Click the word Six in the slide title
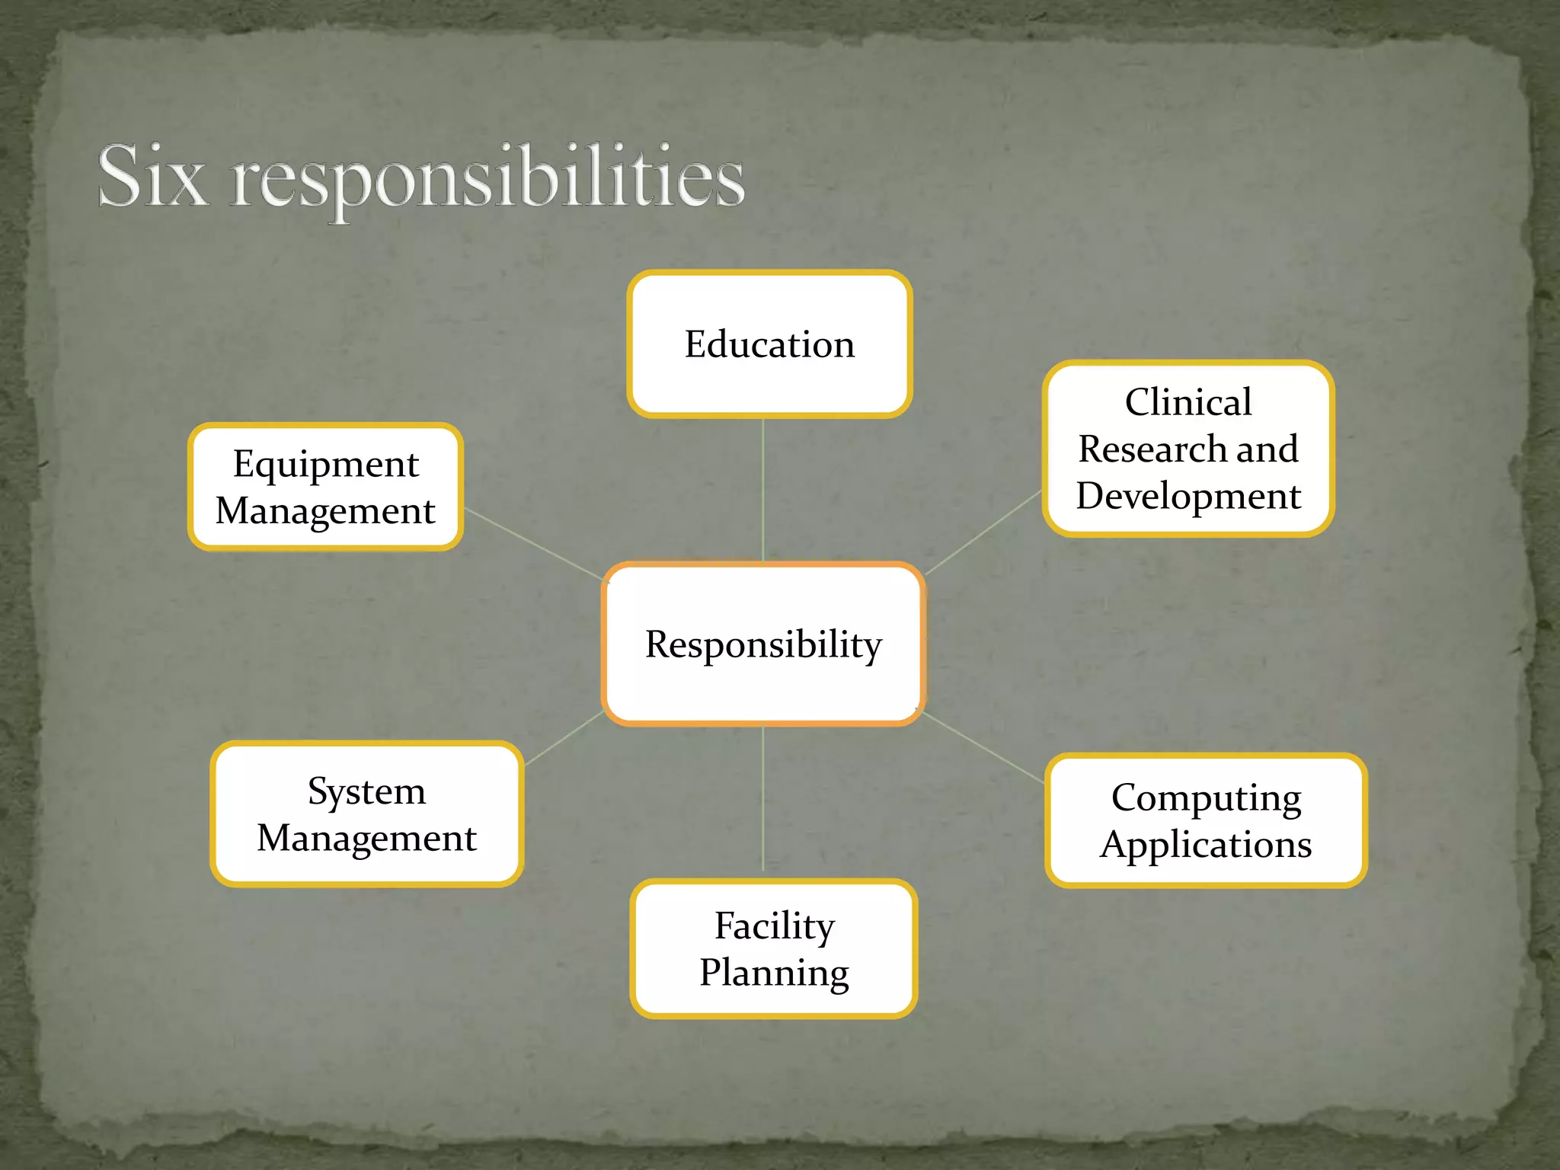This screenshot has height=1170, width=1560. tap(152, 177)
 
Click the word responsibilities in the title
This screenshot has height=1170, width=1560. tap(487, 179)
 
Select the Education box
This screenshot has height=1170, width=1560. tap(769, 344)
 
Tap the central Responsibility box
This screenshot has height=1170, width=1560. tap(763, 644)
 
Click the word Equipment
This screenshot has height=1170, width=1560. tap(326, 464)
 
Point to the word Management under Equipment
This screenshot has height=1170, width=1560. tap(325, 510)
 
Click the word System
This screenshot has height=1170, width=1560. tap(366, 791)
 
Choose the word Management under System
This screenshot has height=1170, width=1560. tap(366, 838)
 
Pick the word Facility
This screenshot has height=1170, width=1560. tap(774, 926)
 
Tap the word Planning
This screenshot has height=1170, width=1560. tap(774, 973)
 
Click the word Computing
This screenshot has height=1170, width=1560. tap(1206, 798)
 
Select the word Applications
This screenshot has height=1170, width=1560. tap(1206, 845)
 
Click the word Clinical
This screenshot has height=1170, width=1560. tap(1188, 402)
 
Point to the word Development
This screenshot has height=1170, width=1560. tap(1188, 496)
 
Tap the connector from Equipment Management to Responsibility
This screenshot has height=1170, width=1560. tap(533, 544)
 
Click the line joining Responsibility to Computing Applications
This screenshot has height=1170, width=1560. tap(983, 746)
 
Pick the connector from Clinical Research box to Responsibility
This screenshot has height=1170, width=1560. tap(983, 532)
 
